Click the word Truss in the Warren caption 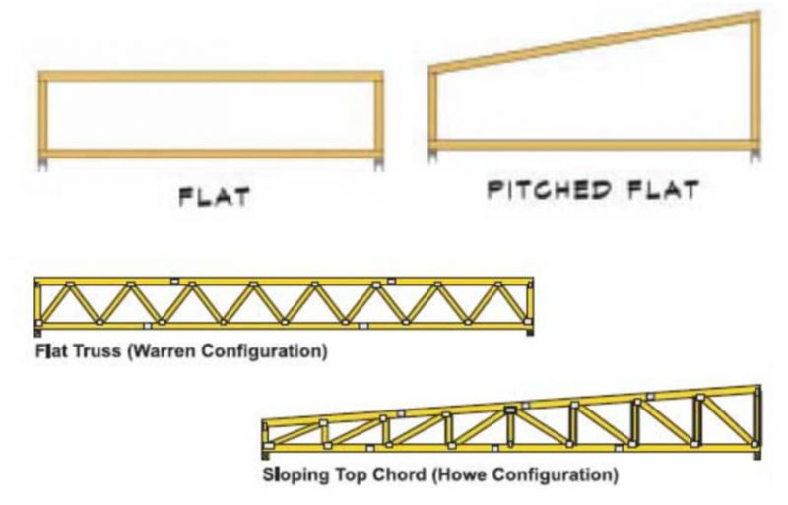pyautogui.click(x=87, y=349)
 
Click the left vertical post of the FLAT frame pyautogui.click(x=45, y=115)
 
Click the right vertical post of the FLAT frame pyautogui.click(x=377, y=115)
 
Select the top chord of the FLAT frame pyautogui.click(x=211, y=76)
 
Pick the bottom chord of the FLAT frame pyautogui.click(x=211, y=154)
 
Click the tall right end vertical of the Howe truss pyautogui.click(x=755, y=418)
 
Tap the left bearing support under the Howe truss pyautogui.click(x=266, y=455)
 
